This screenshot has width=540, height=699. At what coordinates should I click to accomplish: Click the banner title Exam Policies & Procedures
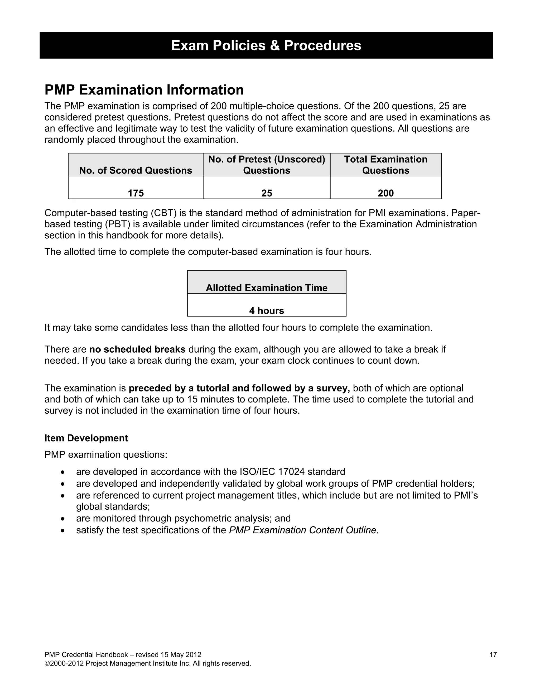point(266,45)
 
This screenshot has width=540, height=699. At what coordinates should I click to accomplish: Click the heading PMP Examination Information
point(144,90)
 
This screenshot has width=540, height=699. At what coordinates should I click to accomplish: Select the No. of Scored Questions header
point(135,170)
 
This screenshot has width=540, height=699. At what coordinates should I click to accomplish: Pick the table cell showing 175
point(136,193)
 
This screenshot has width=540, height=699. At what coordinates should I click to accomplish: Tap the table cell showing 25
point(267,193)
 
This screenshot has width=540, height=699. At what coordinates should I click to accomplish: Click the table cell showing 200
point(385,193)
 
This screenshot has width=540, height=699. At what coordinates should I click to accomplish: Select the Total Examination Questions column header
point(385,165)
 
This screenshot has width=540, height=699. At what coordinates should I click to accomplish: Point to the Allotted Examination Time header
point(267,288)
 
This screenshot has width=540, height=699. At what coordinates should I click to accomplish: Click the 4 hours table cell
point(267,310)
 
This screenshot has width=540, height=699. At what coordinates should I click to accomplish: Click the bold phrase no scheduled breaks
point(137,349)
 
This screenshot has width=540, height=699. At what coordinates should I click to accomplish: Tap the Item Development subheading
point(86,438)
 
